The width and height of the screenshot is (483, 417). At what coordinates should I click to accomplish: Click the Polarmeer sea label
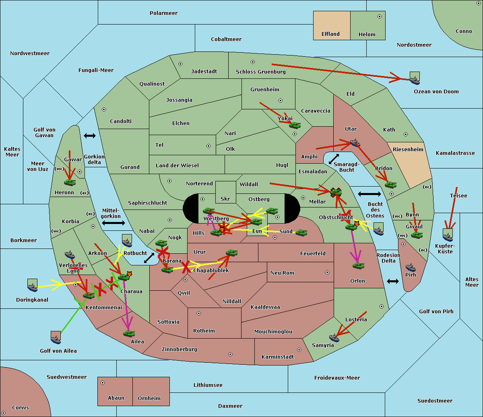point(163,13)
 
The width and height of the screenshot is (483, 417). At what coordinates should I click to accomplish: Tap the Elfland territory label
point(330,34)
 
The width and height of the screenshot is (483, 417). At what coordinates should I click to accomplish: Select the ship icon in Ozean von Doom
point(415,78)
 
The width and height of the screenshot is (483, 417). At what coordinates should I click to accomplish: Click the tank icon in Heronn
point(70,182)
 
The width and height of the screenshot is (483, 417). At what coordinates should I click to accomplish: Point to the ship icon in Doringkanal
point(32,285)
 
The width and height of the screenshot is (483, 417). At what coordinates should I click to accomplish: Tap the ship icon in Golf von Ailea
point(56,338)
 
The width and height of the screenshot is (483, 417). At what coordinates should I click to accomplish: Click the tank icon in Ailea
point(129,333)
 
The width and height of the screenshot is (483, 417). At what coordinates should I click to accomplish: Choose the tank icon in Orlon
point(358,266)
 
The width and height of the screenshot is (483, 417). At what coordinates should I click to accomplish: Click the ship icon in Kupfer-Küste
point(448,235)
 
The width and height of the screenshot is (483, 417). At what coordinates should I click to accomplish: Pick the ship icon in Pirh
point(411,267)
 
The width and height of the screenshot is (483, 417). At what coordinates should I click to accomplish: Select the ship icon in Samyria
point(334,337)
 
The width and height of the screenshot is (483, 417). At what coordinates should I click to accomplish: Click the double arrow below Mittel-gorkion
point(114,223)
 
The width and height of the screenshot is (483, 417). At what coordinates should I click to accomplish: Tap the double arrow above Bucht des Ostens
point(369,194)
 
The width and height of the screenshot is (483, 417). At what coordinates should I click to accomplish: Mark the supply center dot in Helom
point(379,16)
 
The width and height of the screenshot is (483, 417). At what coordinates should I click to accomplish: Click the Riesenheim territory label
point(408,150)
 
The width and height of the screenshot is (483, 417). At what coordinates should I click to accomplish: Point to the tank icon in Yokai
point(295,125)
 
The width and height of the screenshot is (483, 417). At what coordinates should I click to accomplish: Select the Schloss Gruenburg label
point(260,72)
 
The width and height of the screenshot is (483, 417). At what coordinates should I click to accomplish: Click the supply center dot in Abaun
point(103,383)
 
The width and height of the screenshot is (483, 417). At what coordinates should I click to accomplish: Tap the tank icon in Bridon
point(390,185)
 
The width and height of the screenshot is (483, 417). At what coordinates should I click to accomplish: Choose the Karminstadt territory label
point(278,357)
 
